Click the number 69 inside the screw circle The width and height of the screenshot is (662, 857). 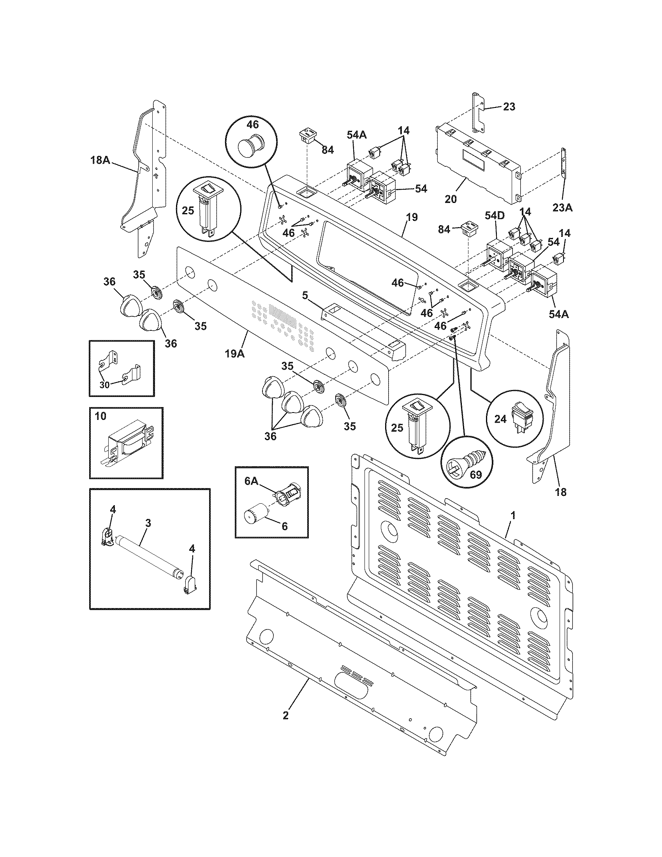coord(475,475)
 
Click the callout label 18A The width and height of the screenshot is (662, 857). coord(100,160)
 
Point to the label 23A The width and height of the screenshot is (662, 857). coord(563,208)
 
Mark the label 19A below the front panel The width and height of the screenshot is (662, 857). coord(235,354)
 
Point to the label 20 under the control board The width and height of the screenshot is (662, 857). coord(451,199)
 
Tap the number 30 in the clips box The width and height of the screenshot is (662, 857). coord(104,385)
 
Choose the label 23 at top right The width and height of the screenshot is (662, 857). coord(509,107)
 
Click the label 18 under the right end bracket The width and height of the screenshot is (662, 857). coord(561,492)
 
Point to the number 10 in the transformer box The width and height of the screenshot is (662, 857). coord(100,416)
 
